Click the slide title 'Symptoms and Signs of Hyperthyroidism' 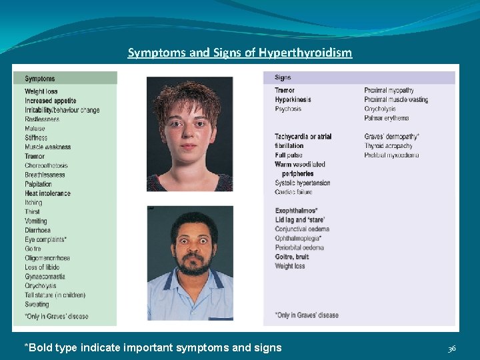click(x=240, y=53)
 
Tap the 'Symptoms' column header click(x=40, y=79)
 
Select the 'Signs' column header click(x=283, y=78)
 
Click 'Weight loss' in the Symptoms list click(x=41, y=91)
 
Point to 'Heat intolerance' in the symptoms click(x=47, y=193)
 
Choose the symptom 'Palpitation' click(x=39, y=184)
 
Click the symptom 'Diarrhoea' click(x=37, y=230)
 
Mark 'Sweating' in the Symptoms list click(x=37, y=305)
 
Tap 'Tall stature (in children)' click(x=55, y=295)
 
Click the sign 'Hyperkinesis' click(x=293, y=100)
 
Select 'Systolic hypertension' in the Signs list click(x=302, y=183)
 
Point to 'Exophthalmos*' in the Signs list click(x=296, y=211)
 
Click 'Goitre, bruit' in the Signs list click(x=292, y=257)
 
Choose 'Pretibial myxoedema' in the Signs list click(x=391, y=155)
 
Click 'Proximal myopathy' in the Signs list click(x=389, y=91)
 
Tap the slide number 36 click(x=451, y=348)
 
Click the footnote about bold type click(x=153, y=347)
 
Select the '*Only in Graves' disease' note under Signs click(x=307, y=315)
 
